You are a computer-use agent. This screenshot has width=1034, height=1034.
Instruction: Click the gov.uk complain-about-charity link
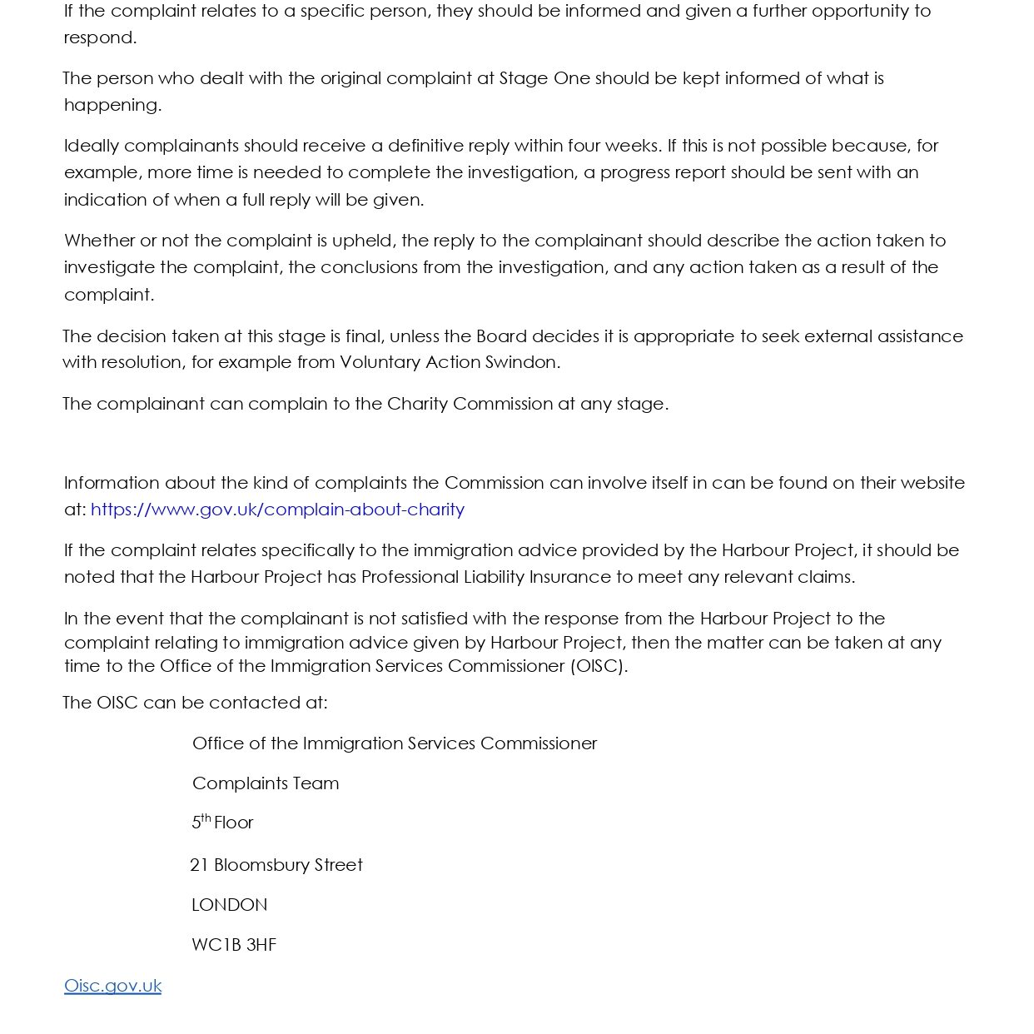pyautogui.click(x=277, y=510)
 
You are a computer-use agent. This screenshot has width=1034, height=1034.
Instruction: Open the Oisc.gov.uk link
pyautogui.click(x=112, y=986)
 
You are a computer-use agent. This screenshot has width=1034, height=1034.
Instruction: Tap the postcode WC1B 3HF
pyautogui.click(x=233, y=945)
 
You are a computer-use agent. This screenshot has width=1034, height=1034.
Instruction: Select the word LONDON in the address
pyautogui.click(x=229, y=905)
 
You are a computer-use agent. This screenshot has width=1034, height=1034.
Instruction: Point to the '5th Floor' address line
pyautogui.click(x=222, y=823)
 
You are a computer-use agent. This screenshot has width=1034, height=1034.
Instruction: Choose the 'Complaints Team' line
pyautogui.click(x=266, y=783)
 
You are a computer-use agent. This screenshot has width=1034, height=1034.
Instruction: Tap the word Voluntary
pyautogui.click(x=380, y=362)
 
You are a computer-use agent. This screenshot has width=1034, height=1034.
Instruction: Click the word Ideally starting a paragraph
pyautogui.click(x=92, y=146)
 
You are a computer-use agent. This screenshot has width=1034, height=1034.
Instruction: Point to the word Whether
pyautogui.click(x=99, y=241)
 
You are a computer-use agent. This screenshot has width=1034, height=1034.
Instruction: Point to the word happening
pyautogui.click(x=112, y=105)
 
